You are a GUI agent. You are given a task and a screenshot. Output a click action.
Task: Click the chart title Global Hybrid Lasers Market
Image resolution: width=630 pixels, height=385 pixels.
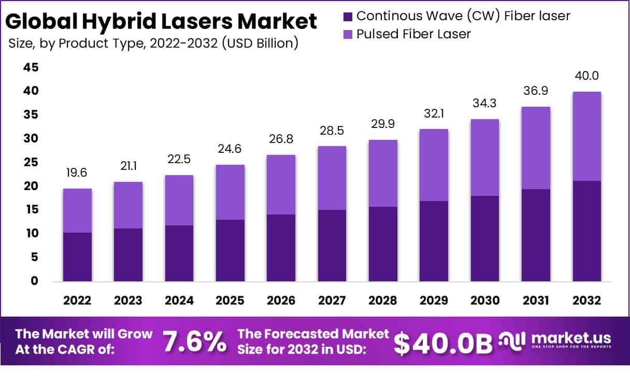click(161, 22)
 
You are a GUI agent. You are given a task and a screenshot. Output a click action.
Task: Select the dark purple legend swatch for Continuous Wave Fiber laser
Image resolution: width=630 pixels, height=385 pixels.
click(348, 16)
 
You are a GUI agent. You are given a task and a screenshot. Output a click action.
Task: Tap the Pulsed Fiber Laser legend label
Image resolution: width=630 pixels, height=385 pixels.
click(413, 34)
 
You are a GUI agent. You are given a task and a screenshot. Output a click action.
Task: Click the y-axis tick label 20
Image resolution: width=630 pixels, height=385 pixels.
click(32, 186)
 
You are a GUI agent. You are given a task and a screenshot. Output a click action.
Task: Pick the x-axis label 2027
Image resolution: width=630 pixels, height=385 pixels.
click(332, 301)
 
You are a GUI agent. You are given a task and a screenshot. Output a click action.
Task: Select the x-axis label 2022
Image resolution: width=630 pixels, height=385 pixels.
click(77, 301)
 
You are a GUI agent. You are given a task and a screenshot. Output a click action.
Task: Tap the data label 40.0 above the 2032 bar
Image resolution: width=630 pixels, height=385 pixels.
click(586, 76)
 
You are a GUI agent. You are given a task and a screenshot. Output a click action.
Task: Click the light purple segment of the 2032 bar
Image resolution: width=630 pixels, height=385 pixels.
click(586, 136)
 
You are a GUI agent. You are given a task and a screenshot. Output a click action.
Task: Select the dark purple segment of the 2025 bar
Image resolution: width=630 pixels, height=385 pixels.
click(230, 250)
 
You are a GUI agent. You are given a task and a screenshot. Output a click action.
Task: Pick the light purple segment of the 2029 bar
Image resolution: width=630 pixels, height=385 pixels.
click(434, 165)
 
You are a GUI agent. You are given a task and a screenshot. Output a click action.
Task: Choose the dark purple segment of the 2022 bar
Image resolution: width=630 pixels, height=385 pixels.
click(77, 256)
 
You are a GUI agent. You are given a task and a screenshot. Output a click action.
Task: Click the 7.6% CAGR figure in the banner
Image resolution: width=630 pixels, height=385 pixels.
click(194, 342)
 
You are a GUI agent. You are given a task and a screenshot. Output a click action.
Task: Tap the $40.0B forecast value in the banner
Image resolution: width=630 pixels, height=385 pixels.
click(443, 343)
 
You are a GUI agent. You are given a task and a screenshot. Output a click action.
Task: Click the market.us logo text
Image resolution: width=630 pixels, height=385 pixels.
click(570, 338)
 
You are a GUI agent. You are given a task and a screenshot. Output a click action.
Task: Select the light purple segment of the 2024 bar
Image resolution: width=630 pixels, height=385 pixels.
click(179, 200)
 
